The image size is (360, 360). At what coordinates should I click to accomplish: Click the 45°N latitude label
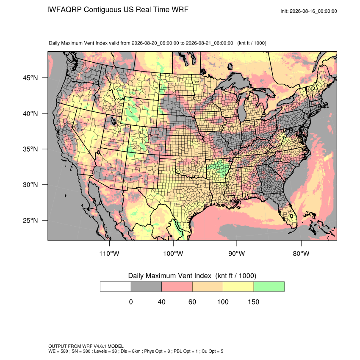(x=30, y=78)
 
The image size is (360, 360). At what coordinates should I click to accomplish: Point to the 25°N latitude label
(x=30, y=220)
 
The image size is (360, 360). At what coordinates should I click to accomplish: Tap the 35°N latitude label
(x=30, y=149)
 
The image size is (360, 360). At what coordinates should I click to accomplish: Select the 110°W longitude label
(x=109, y=253)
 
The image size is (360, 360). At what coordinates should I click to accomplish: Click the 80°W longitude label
(x=301, y=253)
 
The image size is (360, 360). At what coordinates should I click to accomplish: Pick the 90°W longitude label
(x=237, y=253)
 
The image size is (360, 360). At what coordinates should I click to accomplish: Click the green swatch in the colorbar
(x=269, y=287)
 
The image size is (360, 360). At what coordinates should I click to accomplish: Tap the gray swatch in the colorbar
(x=146, y=287)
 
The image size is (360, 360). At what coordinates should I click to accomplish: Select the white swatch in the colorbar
(x=116, y=287)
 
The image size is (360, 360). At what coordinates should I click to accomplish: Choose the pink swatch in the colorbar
(x=177, y=287)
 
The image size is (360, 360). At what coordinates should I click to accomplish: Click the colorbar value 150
(x=253, y=302)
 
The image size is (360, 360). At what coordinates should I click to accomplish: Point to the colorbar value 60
(x=192, y=302)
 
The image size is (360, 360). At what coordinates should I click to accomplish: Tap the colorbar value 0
(x=131, y=302)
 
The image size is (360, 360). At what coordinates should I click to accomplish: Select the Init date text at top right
(x=309, y=11)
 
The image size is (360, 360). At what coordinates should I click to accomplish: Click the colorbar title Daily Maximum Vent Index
(x=170, y=276)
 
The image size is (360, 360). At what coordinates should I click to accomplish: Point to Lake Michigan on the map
(x=242, y=108)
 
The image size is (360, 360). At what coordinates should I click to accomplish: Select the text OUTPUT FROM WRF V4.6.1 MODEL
(x=86, y=346)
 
